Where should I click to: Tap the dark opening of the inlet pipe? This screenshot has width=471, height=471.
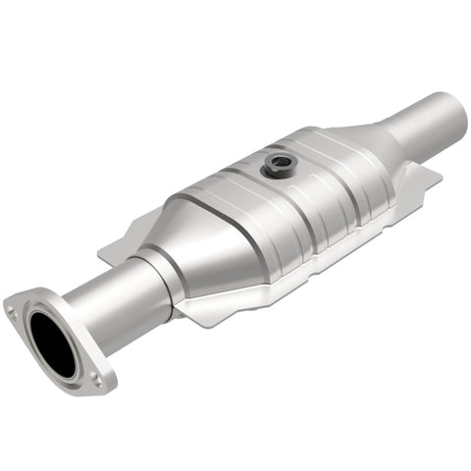52,344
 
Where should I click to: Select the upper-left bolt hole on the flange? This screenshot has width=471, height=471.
13,311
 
